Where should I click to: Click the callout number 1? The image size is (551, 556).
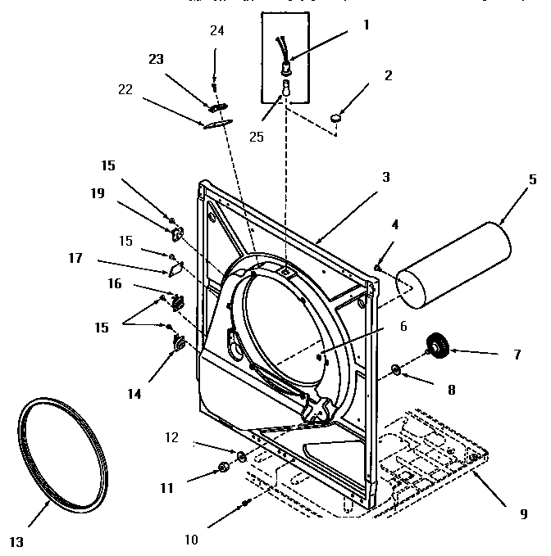(x=366, y=25)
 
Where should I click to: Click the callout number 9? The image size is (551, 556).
(x=522, y=514)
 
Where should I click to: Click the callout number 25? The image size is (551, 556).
(x=257, y=136)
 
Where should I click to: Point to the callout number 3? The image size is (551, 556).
(x=385, y=175)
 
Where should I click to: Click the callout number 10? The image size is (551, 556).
(x=191, y=539)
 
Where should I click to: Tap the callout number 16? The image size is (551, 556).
(x=115, y=283)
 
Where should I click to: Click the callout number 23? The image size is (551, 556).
(x=156, y=59)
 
